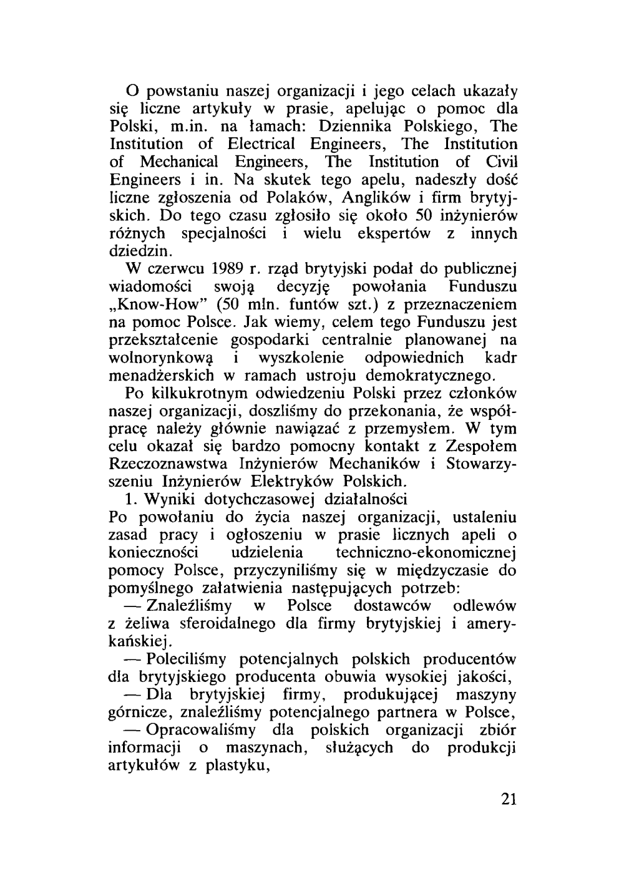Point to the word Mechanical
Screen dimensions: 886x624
coord(179,162)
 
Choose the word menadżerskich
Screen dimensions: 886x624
coord(162,376)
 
